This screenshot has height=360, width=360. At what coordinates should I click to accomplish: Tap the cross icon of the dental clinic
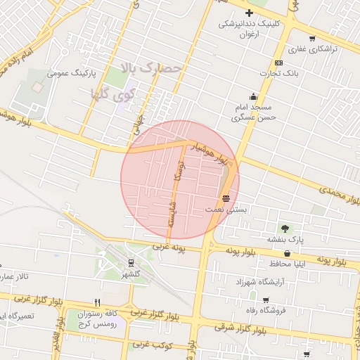pos(249,13)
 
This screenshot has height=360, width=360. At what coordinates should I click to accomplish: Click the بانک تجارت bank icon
pos(279,62)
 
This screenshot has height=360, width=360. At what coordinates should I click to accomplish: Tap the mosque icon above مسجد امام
pos(253,96)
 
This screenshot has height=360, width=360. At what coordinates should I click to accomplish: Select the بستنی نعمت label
pos(226,210)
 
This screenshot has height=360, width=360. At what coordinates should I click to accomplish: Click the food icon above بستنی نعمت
pos(226,198)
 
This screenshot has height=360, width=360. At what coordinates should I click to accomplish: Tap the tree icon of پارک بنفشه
pos(285,229)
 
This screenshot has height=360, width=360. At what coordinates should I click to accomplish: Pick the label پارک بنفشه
pos(285,240)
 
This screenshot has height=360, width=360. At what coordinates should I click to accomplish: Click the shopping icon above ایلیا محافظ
pos(287,253)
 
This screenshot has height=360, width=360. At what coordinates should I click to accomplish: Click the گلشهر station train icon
pos(131,263)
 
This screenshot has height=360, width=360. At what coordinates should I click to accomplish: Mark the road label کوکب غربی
pos(148,345)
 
